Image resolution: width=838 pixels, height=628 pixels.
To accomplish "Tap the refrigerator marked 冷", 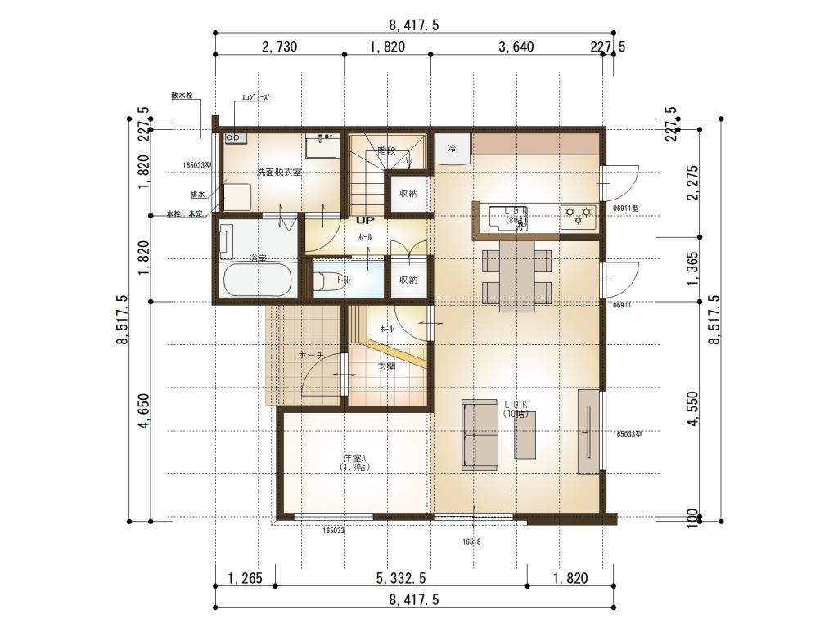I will pyautogui.click(x=452, y=149).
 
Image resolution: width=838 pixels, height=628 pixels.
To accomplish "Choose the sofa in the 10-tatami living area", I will pyautogui.click(x=480, y=434).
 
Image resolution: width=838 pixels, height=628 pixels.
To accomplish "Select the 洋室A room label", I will pyautogui.click(x=354, y=463).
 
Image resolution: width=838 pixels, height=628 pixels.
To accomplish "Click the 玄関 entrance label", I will pyautogui.click(x=386, y=366).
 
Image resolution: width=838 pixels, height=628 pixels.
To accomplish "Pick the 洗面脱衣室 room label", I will pyautogui.click(x=280, y=173).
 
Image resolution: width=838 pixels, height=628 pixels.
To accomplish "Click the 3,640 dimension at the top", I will pyautogui.click(x=516, y=47).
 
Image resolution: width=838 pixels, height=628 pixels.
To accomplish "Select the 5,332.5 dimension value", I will pyautogui.click(x=401, y=579).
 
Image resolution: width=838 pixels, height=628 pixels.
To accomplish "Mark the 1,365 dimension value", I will pyautogui.click(x=693, y=269).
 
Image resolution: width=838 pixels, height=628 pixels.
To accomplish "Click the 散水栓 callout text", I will pyautogui.click(x=182, y=96).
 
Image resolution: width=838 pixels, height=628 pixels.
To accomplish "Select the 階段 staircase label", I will pyautogui.click(x=386, y=150).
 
